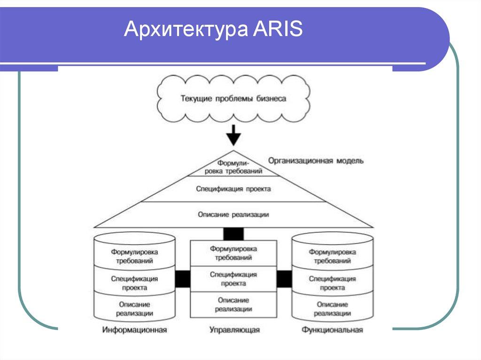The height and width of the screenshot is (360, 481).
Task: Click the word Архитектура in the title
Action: pos(186,31)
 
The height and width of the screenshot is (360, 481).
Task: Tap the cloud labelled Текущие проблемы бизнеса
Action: pos(233,99)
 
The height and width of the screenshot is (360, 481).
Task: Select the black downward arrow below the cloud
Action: pos(233,137)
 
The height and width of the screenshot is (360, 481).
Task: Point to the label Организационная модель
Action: pos(316,161)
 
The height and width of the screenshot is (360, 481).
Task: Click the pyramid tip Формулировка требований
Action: pos(233,168)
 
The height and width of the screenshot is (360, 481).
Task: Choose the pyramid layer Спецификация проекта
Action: pos(233,189)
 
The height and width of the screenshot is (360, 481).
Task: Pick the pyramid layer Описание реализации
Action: pos(233,214)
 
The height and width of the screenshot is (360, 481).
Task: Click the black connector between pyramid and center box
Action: pos(233,234)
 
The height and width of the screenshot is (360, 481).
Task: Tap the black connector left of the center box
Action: pos(183,279)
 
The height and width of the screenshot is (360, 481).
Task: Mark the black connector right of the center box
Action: pos(284,279)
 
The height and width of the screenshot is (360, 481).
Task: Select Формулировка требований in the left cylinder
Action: pos(135,256)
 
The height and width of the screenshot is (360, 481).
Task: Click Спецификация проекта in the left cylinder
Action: pos(135,283)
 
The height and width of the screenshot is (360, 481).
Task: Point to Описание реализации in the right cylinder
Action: pos(333,308)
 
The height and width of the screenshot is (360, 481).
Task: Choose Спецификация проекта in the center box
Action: pos(233,279)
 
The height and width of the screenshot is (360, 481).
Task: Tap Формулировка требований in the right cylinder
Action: pos(333,256)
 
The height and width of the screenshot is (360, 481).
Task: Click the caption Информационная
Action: pos(135,330)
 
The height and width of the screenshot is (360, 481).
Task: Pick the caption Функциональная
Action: pos(333,330)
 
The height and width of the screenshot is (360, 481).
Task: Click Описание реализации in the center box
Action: pos(233,304)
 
